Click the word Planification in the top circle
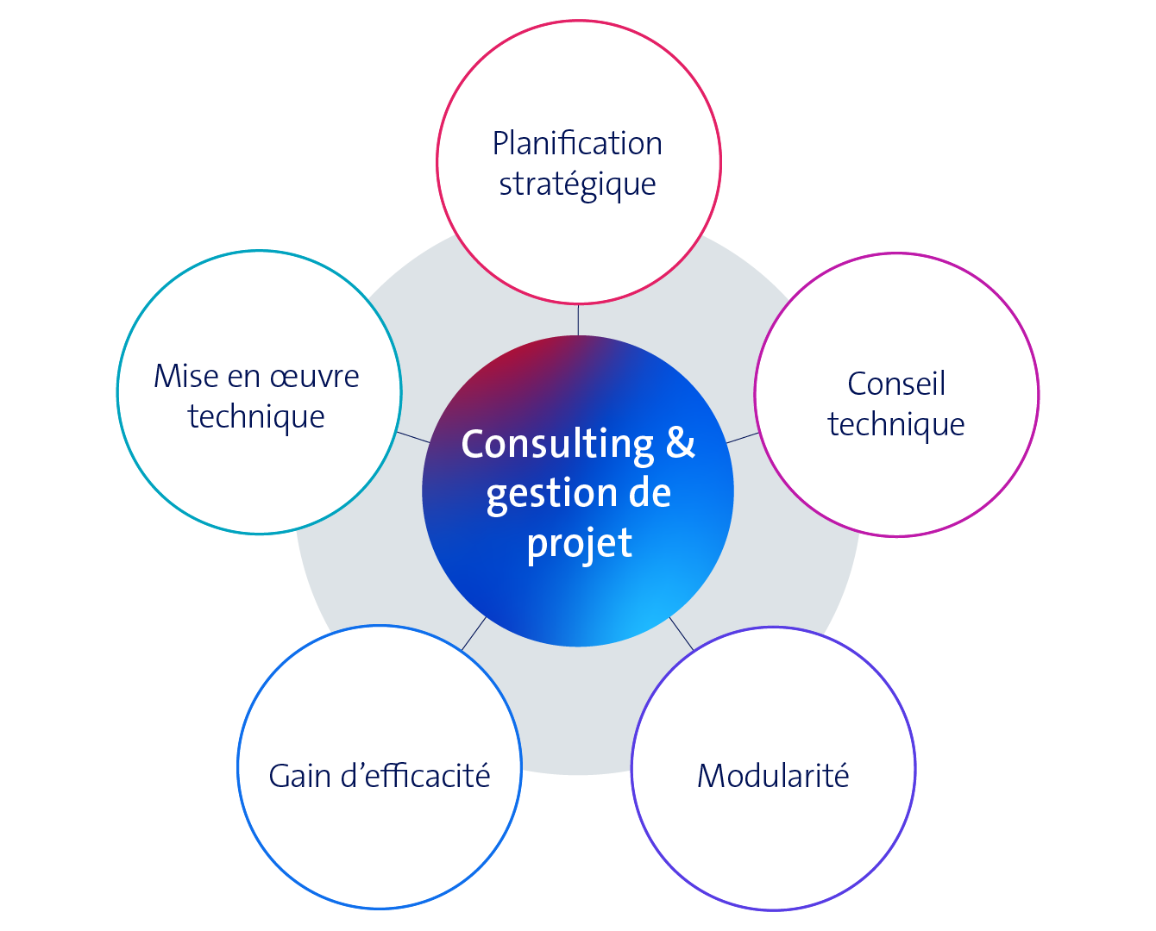[x=577, y=144]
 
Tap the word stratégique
[x=577, y=184]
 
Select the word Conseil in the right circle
[x=896, y=384]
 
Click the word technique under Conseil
[x=896, y=424]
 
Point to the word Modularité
[x=773, y=776]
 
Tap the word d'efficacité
[x=416, y=776]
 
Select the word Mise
[x=185, y=377]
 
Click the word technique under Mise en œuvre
[x=256, y=417]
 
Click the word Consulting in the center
[x=557, y=445]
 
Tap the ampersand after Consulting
[x=680, y=443]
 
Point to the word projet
[x=579, y=544]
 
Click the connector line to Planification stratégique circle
[x=578, y=319]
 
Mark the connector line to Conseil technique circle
[x=743, y=438]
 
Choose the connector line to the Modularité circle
[x=681, y=633]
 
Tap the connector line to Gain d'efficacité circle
[x=474, y=634]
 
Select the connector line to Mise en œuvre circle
[x=412, y=437]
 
